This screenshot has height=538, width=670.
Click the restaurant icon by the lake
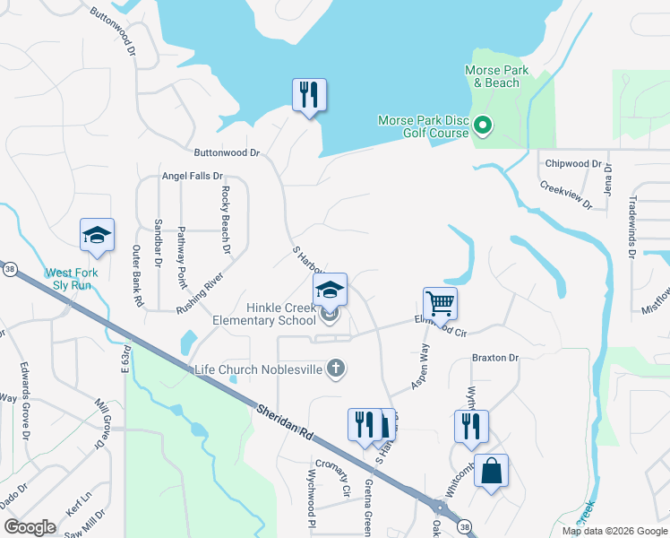pos(309,94)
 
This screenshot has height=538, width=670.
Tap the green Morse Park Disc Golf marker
pos(483,126)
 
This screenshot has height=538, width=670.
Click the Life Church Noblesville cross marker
pos(336,369)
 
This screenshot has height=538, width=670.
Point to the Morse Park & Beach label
pos(496,76)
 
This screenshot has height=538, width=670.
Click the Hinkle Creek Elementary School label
pos(264,314)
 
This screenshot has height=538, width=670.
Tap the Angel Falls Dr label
pos(192,177)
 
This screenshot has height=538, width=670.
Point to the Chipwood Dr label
pos(573,164)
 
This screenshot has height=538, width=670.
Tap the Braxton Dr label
pos(495,358)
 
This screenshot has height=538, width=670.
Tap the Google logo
pos(30,527)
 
